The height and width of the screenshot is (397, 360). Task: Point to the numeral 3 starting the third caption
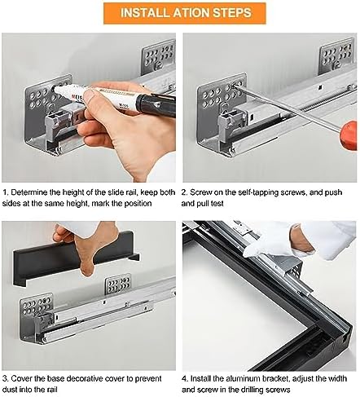point(5,378)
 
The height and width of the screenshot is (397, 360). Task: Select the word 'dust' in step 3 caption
point(9,390)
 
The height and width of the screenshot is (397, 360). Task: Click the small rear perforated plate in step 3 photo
point(118,285)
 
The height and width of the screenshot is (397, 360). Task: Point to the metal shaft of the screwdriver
point(287,107)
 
